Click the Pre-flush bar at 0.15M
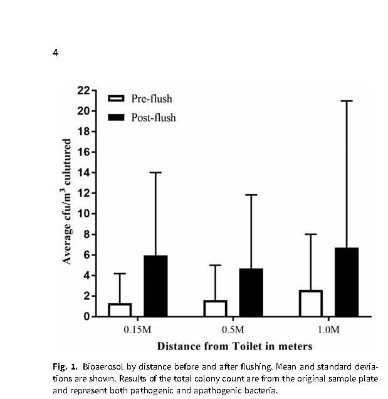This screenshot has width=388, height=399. (120, 310)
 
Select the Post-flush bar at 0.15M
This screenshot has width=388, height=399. (155, 286)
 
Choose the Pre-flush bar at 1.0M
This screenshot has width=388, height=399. (310, 304)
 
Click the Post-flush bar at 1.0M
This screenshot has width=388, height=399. (347, 282)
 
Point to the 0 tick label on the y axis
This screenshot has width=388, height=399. (87, 317)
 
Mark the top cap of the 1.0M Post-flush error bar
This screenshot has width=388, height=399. (347, 101)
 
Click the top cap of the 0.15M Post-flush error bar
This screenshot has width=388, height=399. (155, 172)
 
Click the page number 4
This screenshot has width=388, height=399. (55, 53)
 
